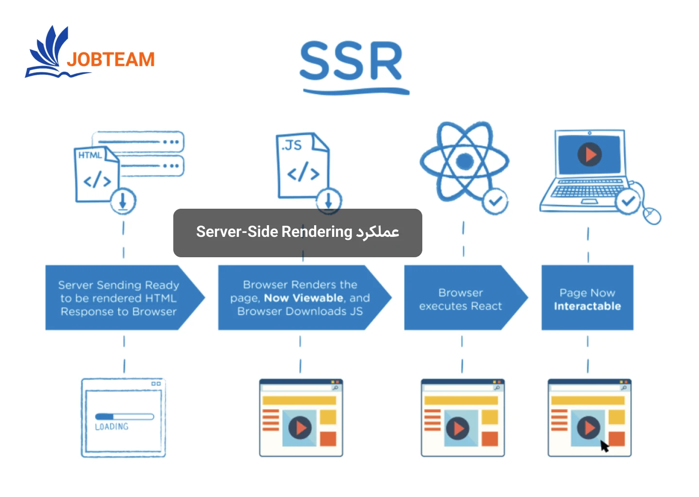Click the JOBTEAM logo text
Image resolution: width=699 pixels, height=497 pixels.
(111, 60)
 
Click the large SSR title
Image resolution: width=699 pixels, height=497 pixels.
(351, 62)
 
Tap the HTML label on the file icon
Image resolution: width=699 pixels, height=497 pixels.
(90, 155)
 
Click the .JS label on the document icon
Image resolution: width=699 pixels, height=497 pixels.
(291, 145)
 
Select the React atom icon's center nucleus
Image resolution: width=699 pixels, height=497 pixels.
(465, 161)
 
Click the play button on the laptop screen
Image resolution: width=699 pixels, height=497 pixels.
(589, 154)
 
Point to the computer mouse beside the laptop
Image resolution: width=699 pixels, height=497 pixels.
(652, 215)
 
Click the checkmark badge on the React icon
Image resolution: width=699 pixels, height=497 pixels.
(495, 200)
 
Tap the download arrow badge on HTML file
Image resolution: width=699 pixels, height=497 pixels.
(123, 201)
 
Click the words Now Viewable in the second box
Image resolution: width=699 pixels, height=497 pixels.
(303, 298)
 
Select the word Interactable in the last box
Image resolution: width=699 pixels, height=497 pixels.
(587, 306)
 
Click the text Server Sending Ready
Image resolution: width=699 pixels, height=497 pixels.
(118, 285)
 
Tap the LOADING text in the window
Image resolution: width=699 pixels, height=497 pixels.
(112, 427)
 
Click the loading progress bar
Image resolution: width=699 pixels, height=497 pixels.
(124, 416)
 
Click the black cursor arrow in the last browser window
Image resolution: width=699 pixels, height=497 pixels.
(604, 446)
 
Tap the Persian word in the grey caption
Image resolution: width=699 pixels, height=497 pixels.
(378, 232)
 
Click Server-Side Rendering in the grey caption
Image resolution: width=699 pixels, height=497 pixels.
(274, 232)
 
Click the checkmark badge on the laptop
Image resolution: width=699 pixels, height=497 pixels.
(628, 201)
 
